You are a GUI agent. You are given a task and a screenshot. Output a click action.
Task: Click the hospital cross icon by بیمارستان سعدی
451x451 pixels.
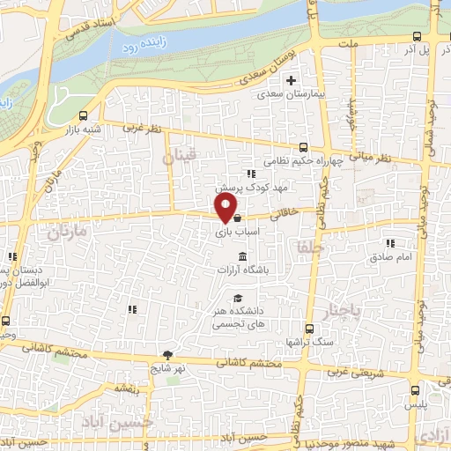tap(291, 80)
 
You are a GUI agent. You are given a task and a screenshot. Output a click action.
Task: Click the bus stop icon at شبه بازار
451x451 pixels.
tap(84, 115)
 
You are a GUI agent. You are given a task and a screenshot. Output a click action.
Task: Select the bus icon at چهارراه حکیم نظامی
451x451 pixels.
tap(303, 147)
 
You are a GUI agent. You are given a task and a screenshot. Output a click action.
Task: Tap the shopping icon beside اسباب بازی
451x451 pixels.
tap(237, 218)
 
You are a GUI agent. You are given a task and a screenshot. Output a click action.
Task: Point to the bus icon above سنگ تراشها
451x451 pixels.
tap(307, 326)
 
